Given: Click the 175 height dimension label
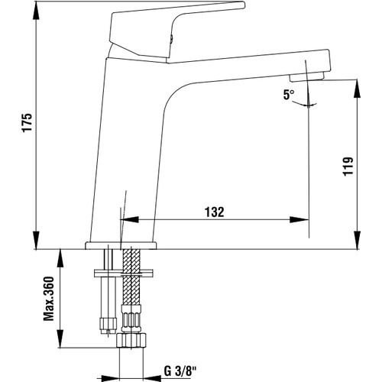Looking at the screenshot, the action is pos(27,122).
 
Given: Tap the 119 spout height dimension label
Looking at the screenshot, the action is pos(348,167).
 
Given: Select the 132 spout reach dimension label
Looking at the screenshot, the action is pos(215,212).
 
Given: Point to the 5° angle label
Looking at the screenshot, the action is pos(289,95).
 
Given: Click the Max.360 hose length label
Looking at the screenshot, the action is pos(49,299).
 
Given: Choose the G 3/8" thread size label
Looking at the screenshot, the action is pos(180,371).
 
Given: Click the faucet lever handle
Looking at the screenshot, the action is pos(176,31).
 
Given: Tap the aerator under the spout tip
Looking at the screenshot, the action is pos(307,76).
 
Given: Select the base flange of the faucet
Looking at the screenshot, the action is pos(121,245).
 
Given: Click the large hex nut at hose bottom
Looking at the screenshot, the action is pos(131,340).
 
